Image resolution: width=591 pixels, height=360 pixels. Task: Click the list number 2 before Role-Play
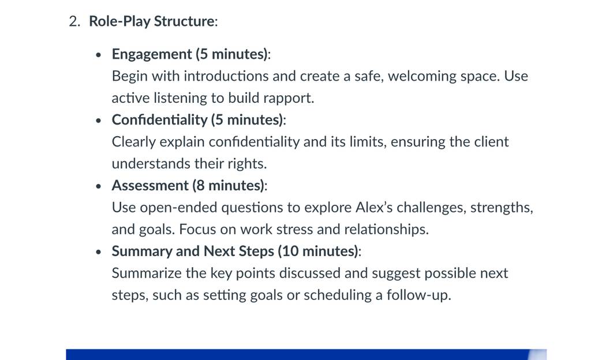tap(74, 21)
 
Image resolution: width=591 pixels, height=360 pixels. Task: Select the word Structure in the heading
tap(184, 21)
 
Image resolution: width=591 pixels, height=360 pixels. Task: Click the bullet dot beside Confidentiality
tap(99, 121)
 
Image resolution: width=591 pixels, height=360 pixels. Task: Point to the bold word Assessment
tap(150, 186)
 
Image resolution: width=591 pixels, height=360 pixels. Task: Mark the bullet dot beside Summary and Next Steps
tap(99, 252)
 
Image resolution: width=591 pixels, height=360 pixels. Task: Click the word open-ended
tap(179, 208)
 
